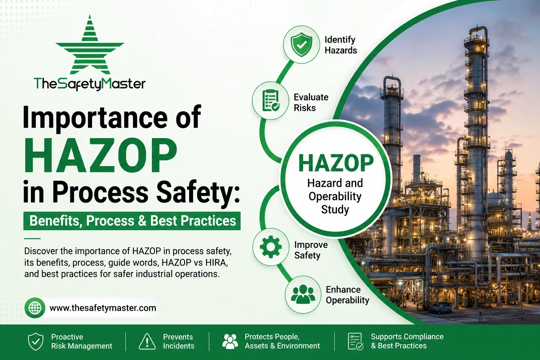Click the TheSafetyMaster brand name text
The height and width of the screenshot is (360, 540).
click(90, 84)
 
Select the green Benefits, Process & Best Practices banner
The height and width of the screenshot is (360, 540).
click(132, 221)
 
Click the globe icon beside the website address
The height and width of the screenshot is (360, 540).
click(35, 308)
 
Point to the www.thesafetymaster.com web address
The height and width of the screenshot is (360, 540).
click(103, 308)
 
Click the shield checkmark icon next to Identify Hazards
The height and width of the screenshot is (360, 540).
click(301, 45)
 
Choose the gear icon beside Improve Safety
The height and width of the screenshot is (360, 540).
click(271, 247)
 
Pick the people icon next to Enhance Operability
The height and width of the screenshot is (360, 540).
click(303, 294)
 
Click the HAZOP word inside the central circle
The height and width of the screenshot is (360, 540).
click(336, 163)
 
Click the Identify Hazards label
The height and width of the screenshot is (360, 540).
click(341, 45)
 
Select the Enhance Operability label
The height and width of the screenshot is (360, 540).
click(347, 295)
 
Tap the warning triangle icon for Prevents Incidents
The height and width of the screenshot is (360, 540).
click(147, 341)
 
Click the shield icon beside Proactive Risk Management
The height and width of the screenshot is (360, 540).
click(36, 341)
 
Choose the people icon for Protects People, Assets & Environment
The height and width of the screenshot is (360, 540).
click(230, 341)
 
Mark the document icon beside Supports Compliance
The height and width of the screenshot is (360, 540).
click(355, 341)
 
